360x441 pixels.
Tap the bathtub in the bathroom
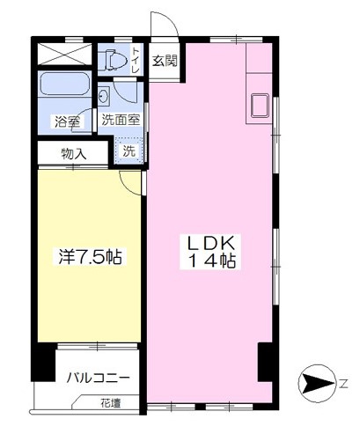click(64, 84)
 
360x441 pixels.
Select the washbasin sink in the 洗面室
click(104, 95)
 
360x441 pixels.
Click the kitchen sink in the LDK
click(260, 106)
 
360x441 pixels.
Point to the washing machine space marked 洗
click(129, 151)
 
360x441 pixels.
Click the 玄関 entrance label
click(165, 61)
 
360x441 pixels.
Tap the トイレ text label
click(136, 60)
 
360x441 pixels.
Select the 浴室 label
click(68, 121)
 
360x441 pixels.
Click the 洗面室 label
click(121, 120)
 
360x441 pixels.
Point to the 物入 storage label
click(73, 153)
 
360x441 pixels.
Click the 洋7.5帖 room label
click(90, 256)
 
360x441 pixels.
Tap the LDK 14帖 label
click(211, 252)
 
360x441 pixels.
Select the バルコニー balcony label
click(98, 378)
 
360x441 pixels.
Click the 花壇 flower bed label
click(110, 403)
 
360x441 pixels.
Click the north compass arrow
click(318, 383)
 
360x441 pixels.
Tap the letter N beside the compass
click(343, 383)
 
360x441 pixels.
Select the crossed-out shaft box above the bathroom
click(65, 54)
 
